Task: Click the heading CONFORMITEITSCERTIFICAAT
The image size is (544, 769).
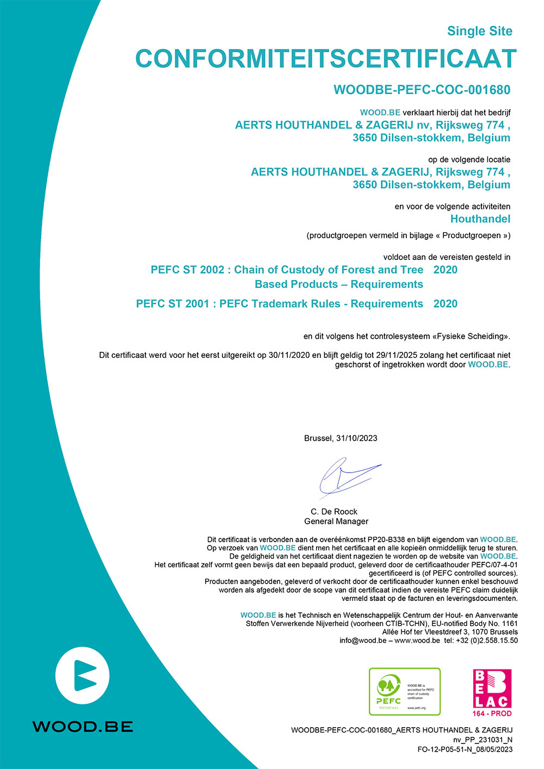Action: (x=325, y=59)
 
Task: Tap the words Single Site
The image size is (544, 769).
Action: (x=479, y=31)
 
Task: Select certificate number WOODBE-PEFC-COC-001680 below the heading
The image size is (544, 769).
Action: (x=422, y=90)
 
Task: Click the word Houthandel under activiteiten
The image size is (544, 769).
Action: (x=480, y=219)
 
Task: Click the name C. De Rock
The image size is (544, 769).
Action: (x=334, y=511)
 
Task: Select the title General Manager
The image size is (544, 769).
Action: (x=336, y=521)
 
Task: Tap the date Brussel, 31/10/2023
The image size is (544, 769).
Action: (x=341, y=438)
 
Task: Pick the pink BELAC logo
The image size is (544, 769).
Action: (x=492, y=689)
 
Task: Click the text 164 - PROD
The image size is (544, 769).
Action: (x=492, y=713)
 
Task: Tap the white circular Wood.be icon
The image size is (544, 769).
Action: (x=83, y=677)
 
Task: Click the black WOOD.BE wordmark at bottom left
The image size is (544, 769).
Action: (x=83, y=727)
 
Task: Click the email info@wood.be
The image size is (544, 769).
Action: (x=363, y=640)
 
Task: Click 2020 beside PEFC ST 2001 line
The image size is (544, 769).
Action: (x=445, y=303)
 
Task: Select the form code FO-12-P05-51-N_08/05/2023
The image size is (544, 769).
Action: (x=465, y=749)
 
